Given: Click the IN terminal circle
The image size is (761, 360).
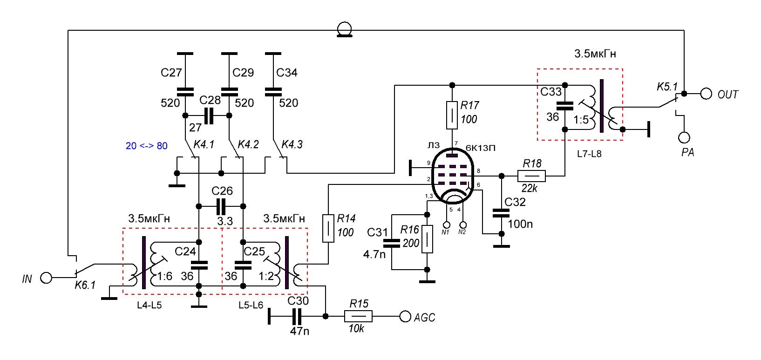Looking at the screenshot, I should (46, 278).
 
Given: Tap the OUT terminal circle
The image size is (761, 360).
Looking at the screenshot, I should (706, 94).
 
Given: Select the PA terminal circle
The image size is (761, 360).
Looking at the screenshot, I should (684, 137).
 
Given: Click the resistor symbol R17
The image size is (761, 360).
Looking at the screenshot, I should (452, 115).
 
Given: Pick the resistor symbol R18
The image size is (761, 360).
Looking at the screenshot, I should (531, 176).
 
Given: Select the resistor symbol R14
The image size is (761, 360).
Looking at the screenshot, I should (328, 228).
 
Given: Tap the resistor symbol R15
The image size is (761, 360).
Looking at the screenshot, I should (358, 317).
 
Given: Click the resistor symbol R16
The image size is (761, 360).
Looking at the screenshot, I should (427, 239).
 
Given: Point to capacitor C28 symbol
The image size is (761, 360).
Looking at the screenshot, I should (208, 115).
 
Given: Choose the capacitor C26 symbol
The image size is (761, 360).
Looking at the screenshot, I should (221, 206).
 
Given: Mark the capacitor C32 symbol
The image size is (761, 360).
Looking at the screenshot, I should (502, 213).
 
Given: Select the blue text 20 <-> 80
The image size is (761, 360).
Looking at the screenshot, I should (146, 146).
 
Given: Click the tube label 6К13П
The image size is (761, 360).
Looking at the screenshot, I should (480, 148).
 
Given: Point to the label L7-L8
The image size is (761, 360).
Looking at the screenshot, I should (589, 153).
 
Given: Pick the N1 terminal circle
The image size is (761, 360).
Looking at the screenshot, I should (446, 225).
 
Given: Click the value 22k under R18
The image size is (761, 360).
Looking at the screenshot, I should (529, 189).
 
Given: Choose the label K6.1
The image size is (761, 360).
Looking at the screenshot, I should (85, 285).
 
